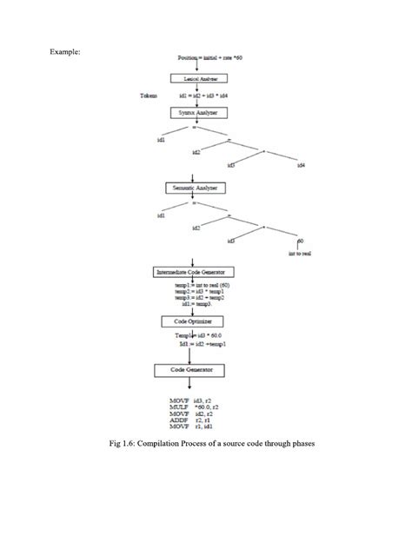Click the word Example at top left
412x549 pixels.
(x=65, y=51)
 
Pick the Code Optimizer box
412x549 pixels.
(x=195, y=321)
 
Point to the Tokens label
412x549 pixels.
(x=149, y=96)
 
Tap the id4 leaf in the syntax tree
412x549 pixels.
(x=301, y=164)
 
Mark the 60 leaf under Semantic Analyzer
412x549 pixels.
(x=300, y=241)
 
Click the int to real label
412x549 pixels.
(x=300, y=254)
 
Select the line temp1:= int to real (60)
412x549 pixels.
(x=201, y=284)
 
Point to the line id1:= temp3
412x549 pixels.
(x=196, y=305)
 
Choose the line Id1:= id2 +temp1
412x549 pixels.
(x=201, y=344)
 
